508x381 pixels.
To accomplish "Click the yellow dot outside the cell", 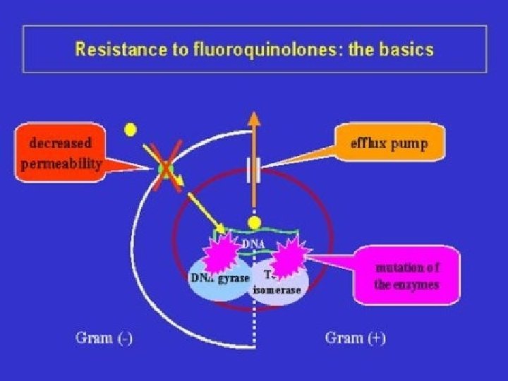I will point(130,130).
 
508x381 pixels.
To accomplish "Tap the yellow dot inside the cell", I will point(254,222).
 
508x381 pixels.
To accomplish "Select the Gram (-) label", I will point(104,338).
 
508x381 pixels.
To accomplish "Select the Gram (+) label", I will point(355,338).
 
